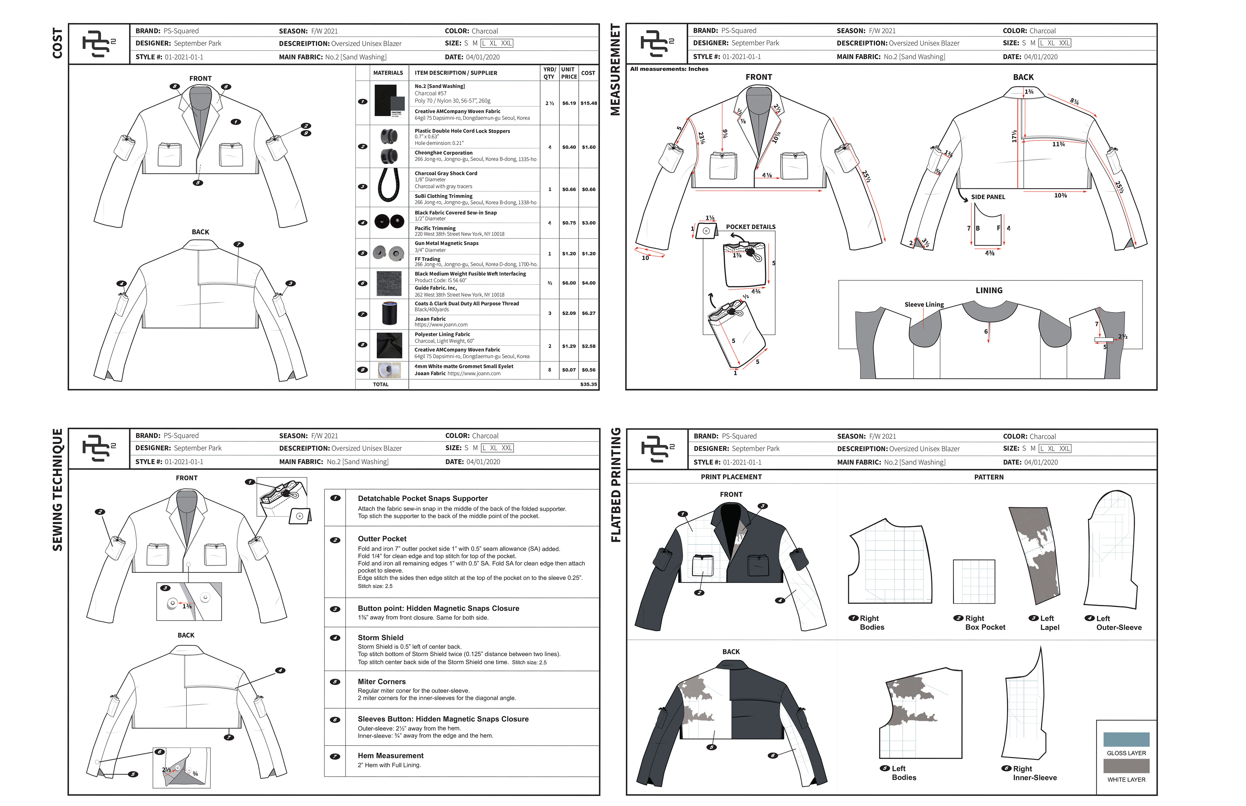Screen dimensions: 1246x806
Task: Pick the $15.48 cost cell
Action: click(589, 103)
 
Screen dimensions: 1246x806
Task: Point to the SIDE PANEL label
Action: click(988, 197)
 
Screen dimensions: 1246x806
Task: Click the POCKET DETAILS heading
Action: click(750, 227)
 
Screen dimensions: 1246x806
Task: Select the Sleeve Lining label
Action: click(924, 304)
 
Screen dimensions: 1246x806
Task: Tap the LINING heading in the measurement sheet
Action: click(988, 291)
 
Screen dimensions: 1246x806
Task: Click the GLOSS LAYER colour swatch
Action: click(1126, 739)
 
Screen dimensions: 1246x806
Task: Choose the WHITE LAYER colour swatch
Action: click(1126, 766)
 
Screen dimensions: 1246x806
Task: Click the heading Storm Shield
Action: click(381, 637)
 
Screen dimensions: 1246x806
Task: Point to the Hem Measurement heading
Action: click(391, 755)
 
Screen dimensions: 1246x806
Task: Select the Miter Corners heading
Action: click(382, 681)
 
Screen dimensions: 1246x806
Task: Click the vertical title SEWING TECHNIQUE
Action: click(57, 489)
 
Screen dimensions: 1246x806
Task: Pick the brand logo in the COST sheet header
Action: click(98, 44)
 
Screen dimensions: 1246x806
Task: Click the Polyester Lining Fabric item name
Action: click(442, 334)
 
